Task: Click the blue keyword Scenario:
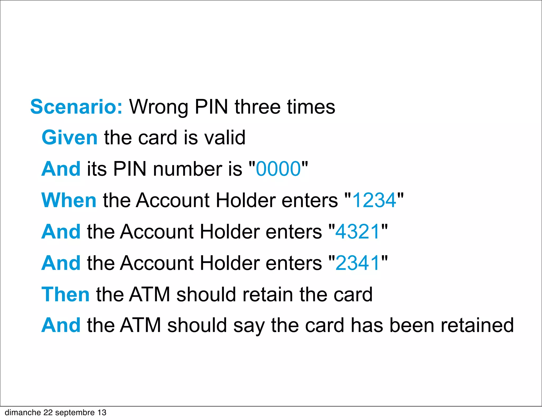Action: point(76,107)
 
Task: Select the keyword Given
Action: point(70,138)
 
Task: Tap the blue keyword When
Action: point(69,200)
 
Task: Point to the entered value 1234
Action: point(374,200)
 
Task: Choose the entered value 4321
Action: point(358,231)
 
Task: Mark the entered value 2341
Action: point(358,263)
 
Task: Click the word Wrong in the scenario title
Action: point(159,107)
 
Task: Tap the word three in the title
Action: point(257,107)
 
